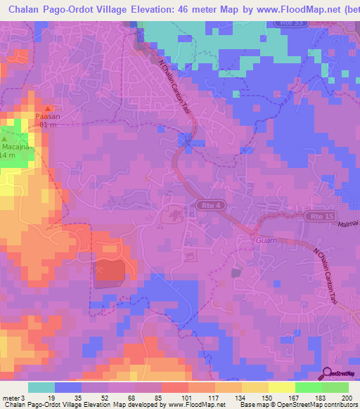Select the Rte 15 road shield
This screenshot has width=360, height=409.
click(x=315, y=217)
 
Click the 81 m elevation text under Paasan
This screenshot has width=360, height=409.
click(x=48, y=125)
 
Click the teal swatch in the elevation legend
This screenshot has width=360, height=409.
click(x=41, y=387)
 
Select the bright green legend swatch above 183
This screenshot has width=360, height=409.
click(x=309, y=387)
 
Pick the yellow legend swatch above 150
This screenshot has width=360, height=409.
click(x=255, y=387)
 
